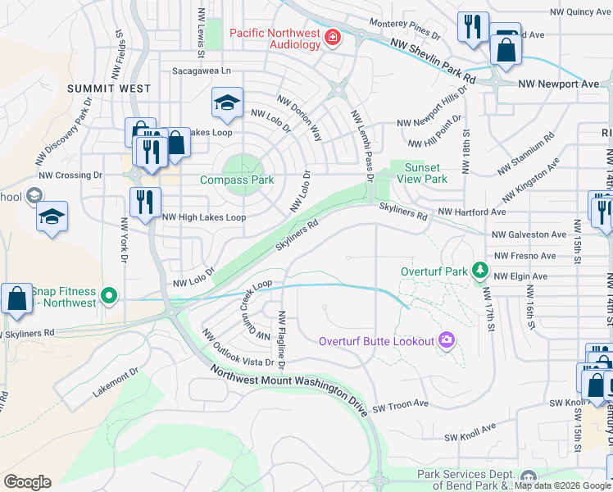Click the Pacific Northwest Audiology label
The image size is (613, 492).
pyautogui.click(x=275, y=39)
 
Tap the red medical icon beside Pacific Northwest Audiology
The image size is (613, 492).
pyautogui.click(x=333, y=38)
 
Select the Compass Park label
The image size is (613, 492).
pyautogui.click(x=237, y=180)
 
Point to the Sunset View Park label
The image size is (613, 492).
pyautogui.click(x=422, y=172)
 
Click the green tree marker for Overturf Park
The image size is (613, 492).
pyautogui.click(x=479, y=270)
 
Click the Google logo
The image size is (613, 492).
pyautogui.click(x=27, y=482)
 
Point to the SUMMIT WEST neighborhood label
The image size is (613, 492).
pyautogui.click(x=109, y=89)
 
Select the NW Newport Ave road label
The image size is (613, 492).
pyautogui.click(x=558, y=84)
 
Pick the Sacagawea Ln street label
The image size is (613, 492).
pyautogui.click(x=202, y=71)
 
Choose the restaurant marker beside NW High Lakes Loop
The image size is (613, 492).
pyautogui.click(x=145, y=203)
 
